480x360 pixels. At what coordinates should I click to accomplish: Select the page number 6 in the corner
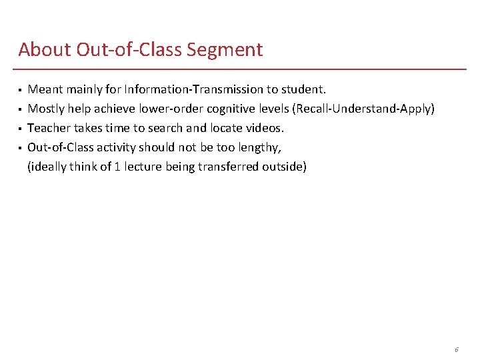456,349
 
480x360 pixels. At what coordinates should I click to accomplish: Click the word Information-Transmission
194,89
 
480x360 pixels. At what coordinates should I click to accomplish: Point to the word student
303,89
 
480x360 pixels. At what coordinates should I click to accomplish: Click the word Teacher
47,128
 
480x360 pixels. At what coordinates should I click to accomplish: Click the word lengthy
269,147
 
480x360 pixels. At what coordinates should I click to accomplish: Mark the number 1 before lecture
117,167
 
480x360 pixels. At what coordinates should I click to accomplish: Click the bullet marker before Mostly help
20,109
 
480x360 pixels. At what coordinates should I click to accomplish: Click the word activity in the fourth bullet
114,147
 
